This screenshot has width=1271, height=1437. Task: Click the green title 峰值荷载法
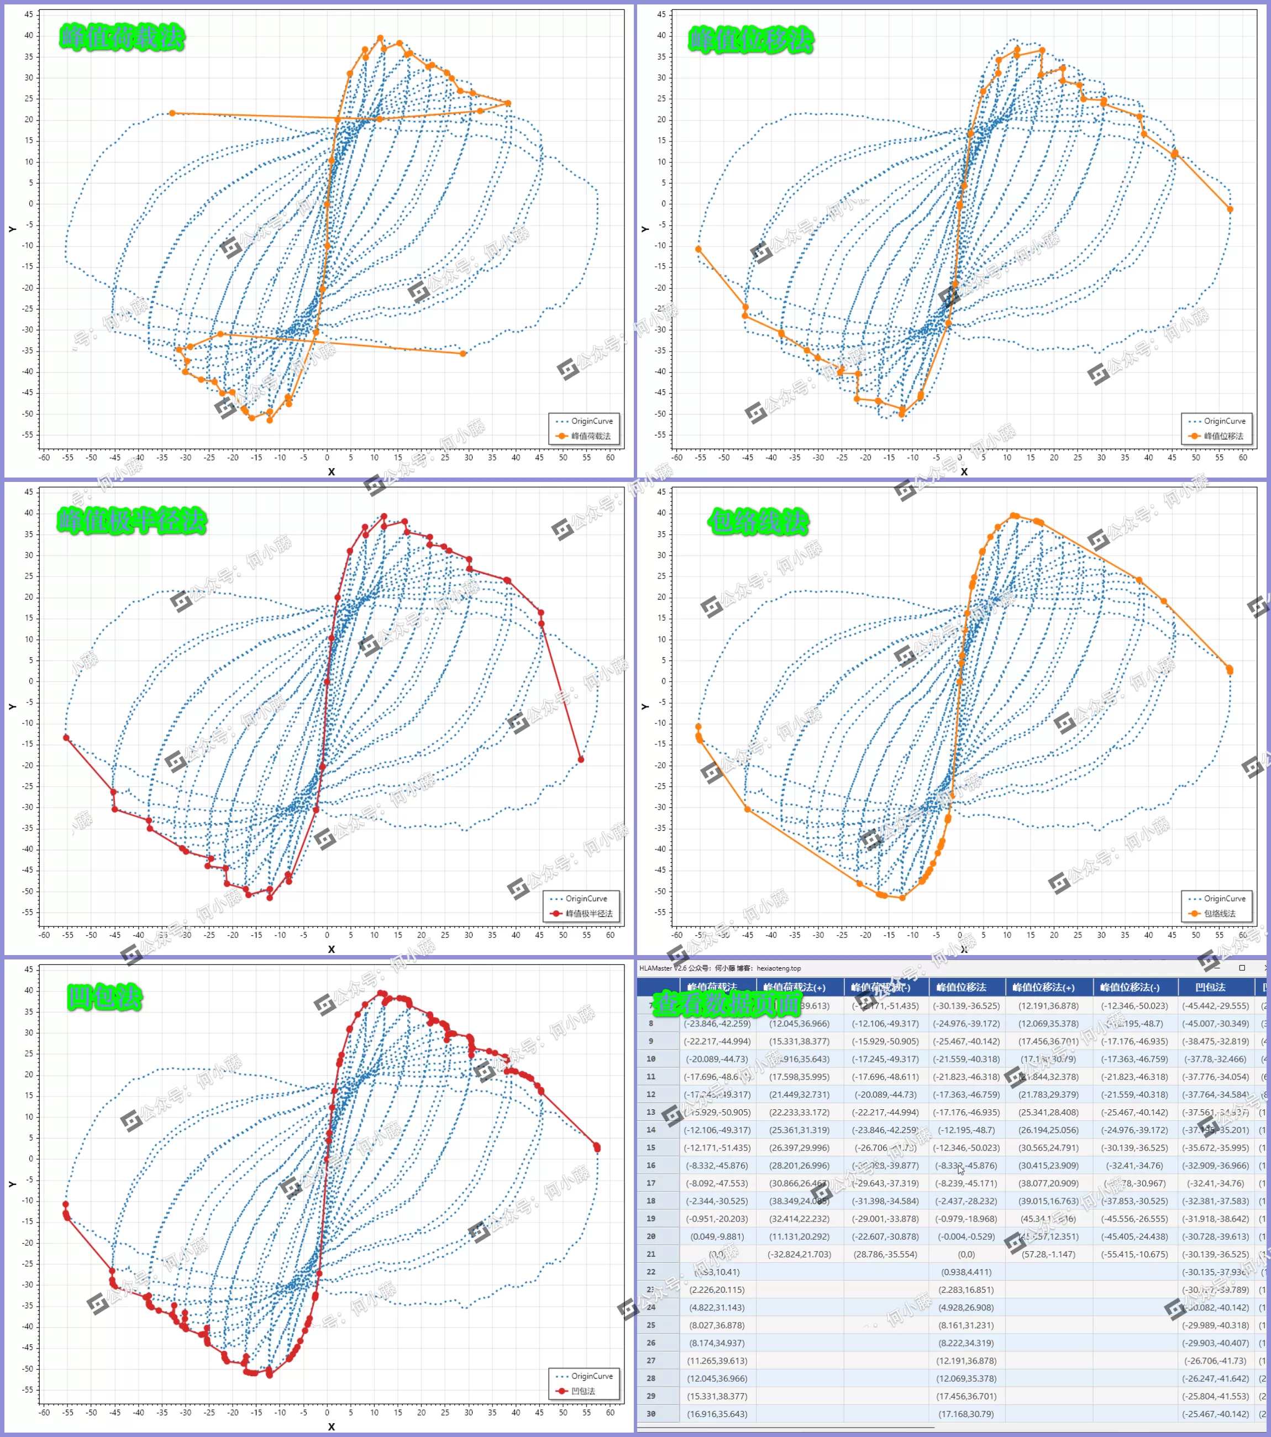122,37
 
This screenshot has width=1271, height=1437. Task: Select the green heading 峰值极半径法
132,521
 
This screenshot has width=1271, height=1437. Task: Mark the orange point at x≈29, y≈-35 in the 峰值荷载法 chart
463,354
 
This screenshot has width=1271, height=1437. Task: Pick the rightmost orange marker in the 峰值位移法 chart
1230,209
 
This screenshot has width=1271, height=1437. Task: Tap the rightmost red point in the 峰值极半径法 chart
581,759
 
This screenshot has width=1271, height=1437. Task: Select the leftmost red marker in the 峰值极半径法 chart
66,737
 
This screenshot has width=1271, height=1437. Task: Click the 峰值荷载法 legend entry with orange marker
584,436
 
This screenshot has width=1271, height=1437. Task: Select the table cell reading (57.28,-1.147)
1048,1254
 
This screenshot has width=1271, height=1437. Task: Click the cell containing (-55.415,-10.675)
1135,1254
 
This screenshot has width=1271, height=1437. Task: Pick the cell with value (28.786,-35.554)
885,1254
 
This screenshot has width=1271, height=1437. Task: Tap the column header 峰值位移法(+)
1043,987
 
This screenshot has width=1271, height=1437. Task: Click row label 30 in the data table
651,1414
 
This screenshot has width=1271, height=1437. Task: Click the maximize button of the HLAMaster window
1242,968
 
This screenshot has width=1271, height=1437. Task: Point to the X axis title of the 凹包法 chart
331,1426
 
